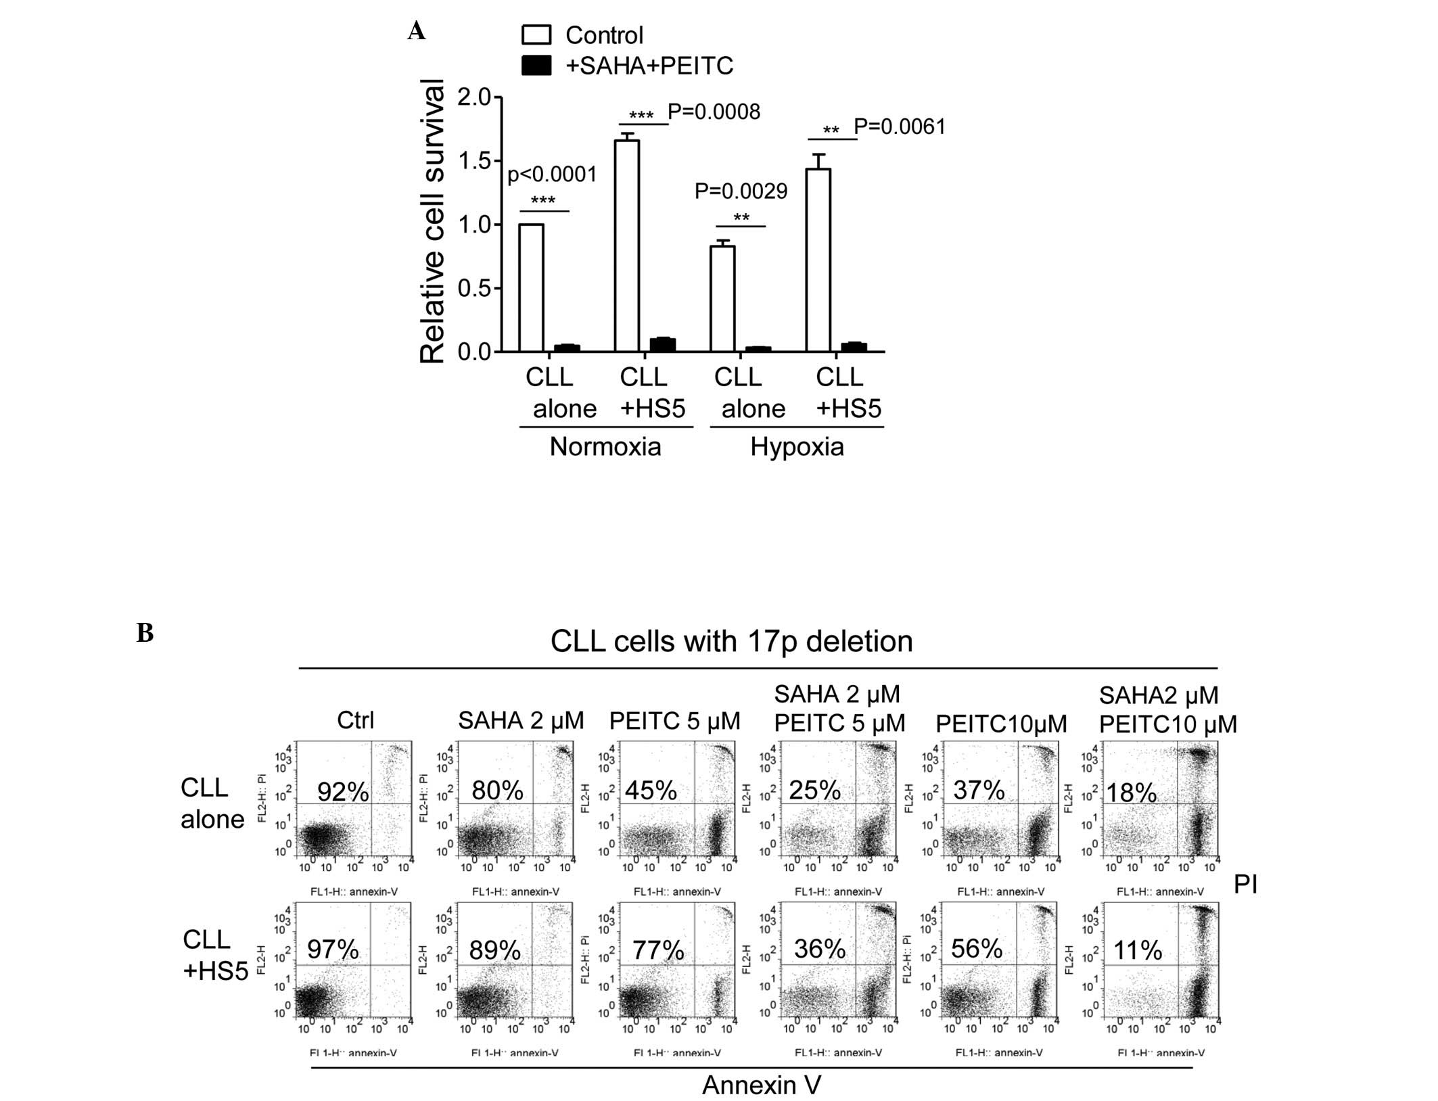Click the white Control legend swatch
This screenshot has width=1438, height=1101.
tap(536, 34)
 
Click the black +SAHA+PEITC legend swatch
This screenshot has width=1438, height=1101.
tap(536, 66)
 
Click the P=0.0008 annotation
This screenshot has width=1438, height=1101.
tap(714, 112)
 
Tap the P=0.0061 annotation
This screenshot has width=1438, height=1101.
tap(900, 126)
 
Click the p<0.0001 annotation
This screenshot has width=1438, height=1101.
tap(552, 175)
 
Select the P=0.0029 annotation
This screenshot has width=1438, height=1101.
tap(741, 191)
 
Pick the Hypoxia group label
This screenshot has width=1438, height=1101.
tap(797, 447)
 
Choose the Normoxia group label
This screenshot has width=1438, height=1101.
tap(605, 447)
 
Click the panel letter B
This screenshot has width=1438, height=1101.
tap(145, 634)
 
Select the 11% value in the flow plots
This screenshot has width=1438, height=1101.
tap(1138, 951)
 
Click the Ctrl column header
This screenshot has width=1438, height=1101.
tap(355, 720)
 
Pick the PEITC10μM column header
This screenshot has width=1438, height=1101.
tap(1001, 724)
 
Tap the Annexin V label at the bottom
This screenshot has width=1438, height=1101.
tap(761, 1085)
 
